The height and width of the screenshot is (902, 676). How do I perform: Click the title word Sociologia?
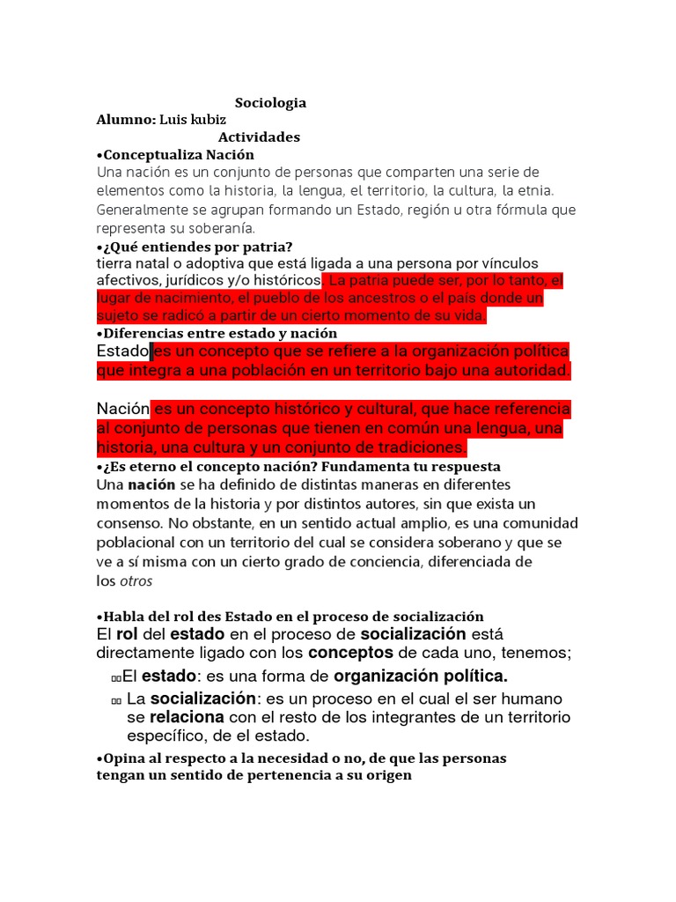tap(270, 103)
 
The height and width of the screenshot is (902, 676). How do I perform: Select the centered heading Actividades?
tap(259, 137)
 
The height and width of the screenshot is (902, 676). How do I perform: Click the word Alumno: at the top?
tap(126, 120)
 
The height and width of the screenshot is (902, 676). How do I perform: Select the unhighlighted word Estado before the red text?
tap(122, 351)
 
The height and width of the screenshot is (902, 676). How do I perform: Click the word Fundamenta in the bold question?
tap(383, 466)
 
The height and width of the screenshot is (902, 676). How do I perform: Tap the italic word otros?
tap(136, 580)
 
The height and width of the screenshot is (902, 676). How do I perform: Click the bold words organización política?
tap(421, 676)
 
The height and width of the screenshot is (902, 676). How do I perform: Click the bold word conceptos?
tap(350, 653)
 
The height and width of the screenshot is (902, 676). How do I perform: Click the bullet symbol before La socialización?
tap(117, 699)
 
